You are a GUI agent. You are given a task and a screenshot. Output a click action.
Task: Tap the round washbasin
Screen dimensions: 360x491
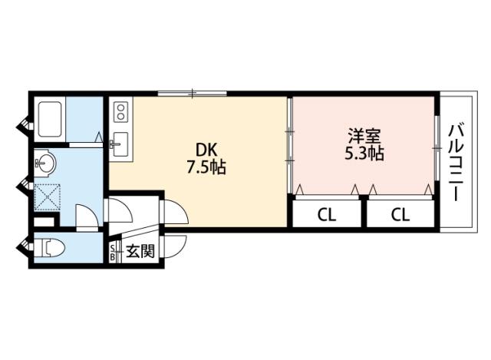pos(45,163)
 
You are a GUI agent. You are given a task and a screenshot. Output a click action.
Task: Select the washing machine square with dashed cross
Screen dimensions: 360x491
pos(48,197)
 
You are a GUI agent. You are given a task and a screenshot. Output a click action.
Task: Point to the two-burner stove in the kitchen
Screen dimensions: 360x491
pos(120,113)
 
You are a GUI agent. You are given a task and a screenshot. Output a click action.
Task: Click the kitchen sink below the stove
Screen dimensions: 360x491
pos(120,144)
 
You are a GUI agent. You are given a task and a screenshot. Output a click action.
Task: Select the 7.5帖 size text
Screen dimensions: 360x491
pos(206,168)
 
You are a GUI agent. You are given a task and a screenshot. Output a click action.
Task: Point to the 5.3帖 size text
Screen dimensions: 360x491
pos(364,154)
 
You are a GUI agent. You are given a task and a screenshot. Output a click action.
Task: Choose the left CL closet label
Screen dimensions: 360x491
pos(327,213)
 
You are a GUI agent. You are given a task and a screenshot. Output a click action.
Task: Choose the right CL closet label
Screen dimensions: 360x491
pos(400,213)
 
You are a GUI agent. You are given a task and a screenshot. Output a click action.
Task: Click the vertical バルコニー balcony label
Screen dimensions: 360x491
pos(457,161)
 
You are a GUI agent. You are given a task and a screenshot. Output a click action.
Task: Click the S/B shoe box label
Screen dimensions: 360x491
pos(115,252)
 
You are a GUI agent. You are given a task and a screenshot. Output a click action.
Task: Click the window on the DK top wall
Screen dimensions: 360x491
pos(192,94)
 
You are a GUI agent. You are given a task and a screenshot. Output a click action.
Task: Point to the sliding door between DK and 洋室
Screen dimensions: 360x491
pos(290,146)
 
